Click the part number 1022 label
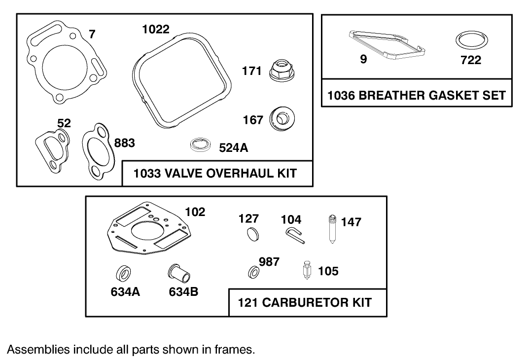(156, 30)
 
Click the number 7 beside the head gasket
(92, 34)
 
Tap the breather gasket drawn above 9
(387, 44)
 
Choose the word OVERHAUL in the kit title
(230, 174)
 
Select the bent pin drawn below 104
(295, 236)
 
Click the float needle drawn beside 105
(306, 271)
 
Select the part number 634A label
(125, 292)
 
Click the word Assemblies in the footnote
(38, 350)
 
